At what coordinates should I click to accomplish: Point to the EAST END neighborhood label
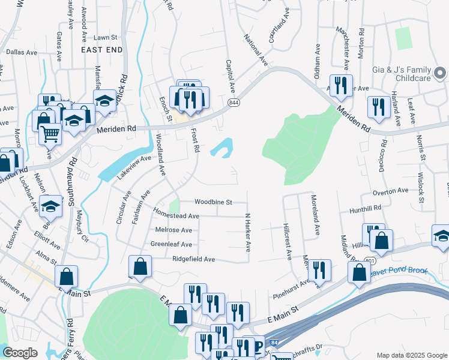[102, 50]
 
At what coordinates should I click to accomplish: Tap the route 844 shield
[233, 103]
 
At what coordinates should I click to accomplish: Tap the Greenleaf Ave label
[171, 245]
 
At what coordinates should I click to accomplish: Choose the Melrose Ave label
[173, 230]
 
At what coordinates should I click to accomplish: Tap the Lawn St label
[105, 37]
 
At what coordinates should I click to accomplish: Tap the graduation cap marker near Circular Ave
[52, 207]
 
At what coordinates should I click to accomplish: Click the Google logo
[20, 353]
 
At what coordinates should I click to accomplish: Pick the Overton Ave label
[390, 192]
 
